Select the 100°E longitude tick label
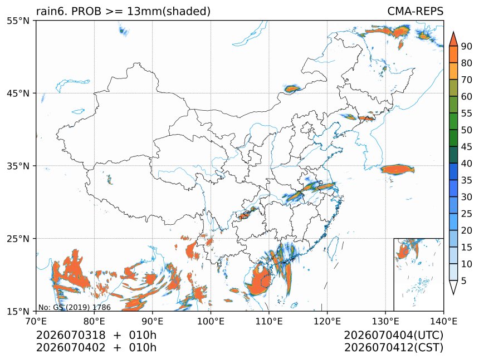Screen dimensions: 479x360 211,321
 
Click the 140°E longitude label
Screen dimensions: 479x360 443,321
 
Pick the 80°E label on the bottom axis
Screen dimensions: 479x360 94,321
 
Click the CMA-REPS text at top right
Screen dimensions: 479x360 415,11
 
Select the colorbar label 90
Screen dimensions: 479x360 467,46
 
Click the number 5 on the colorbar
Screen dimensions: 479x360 464,280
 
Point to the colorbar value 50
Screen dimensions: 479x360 467,130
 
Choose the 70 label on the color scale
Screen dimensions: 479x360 467,80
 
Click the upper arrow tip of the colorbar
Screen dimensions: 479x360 453,32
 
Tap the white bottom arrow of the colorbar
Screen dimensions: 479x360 453,287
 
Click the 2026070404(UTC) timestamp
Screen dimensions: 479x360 393,336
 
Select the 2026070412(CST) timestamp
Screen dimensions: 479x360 393,348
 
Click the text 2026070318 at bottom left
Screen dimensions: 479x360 71,335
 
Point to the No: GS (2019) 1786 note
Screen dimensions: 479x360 75,307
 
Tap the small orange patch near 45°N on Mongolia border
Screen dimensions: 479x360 292,89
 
